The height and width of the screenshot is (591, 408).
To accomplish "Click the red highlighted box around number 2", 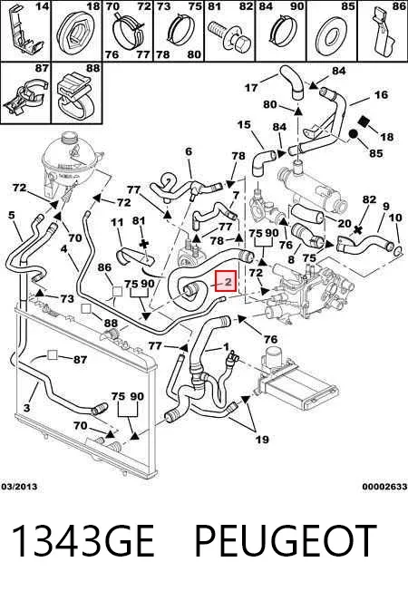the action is pos(225,281).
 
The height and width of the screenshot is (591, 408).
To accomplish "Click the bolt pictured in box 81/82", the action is pos(229,36).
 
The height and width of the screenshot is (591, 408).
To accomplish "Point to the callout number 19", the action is pos(262,439).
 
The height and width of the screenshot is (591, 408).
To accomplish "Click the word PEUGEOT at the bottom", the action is pos(286,540).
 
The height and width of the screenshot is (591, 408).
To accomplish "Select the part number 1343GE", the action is pos(83,540).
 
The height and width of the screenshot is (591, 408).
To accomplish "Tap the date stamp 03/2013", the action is pos(19,487).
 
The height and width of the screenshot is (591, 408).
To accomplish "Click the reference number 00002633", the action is pos(384,487).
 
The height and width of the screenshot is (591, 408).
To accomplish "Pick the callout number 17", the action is pos(251,87).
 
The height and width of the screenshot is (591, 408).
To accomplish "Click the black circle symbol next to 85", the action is pos(354,134).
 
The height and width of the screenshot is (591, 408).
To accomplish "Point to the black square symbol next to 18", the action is pos(364,121).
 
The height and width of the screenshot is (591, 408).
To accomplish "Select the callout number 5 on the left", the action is pos(11,215).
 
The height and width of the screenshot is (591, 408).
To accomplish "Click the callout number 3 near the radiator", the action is pos(26,407).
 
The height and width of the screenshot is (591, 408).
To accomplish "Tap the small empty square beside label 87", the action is pos(52,355).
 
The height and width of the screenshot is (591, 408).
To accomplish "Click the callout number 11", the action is pos(117,221).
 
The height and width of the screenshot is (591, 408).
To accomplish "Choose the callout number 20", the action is pos(345,224).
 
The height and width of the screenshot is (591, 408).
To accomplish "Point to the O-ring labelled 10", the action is pos(398,250).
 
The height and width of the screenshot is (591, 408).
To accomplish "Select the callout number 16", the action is pos(381,94).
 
